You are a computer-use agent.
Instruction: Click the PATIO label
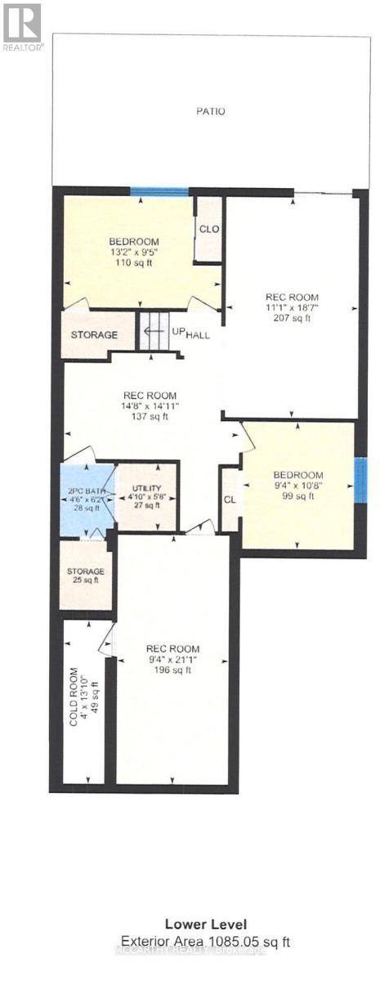210,111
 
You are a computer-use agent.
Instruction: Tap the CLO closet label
209,229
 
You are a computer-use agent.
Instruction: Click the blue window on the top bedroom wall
159,191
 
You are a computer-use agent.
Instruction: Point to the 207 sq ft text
292,319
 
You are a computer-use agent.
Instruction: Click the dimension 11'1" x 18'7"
292,308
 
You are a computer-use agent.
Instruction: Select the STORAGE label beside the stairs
93,335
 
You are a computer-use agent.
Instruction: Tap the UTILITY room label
146,490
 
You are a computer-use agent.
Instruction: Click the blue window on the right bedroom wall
360,480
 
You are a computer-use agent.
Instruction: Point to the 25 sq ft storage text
87,581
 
